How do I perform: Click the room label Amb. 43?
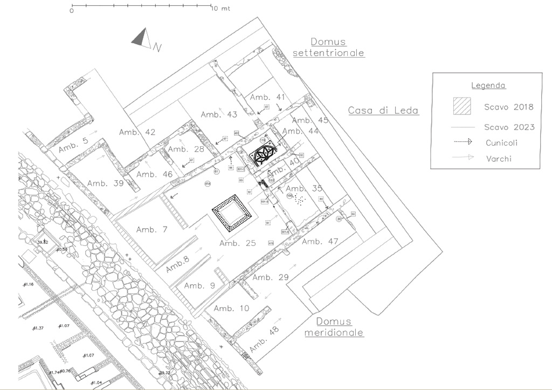(219, 114)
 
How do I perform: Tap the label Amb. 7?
(151, 230)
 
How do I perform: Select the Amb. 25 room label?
(237, 243)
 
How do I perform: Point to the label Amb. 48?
(266, 338)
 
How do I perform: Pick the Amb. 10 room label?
(231, 309)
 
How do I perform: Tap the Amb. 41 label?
(267, 97)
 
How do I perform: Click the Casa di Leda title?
(383, 111)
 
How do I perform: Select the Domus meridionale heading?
(334, 327)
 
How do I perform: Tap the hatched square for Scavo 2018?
(461, 106)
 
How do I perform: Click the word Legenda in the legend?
(488, 85)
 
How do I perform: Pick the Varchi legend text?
(499, 159)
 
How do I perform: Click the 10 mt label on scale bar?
(221, 9)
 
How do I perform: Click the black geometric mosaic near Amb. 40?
(263, 156)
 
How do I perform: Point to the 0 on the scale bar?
(72, 10)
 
